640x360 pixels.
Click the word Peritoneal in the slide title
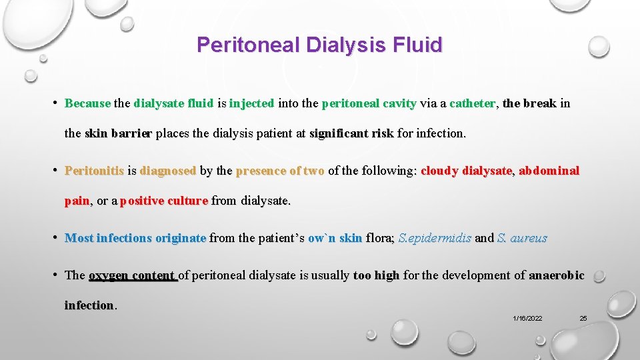tap(249, 45)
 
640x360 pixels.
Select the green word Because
tap(87, 103)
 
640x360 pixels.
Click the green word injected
tap(251, 103)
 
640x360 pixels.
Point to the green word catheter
tap(472, 103)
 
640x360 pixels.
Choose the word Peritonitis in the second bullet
tap(94, 171)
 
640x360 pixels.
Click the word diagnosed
tap(168, 171)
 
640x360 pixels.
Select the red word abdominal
tap(549, 171)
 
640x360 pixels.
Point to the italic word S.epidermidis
tap(435, 238)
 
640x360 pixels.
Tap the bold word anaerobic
tap(556, 275)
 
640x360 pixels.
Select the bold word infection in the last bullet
tap(89, 305)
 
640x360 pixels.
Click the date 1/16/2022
tap(527, 319)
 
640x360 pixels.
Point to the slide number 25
tap(583, 319)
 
